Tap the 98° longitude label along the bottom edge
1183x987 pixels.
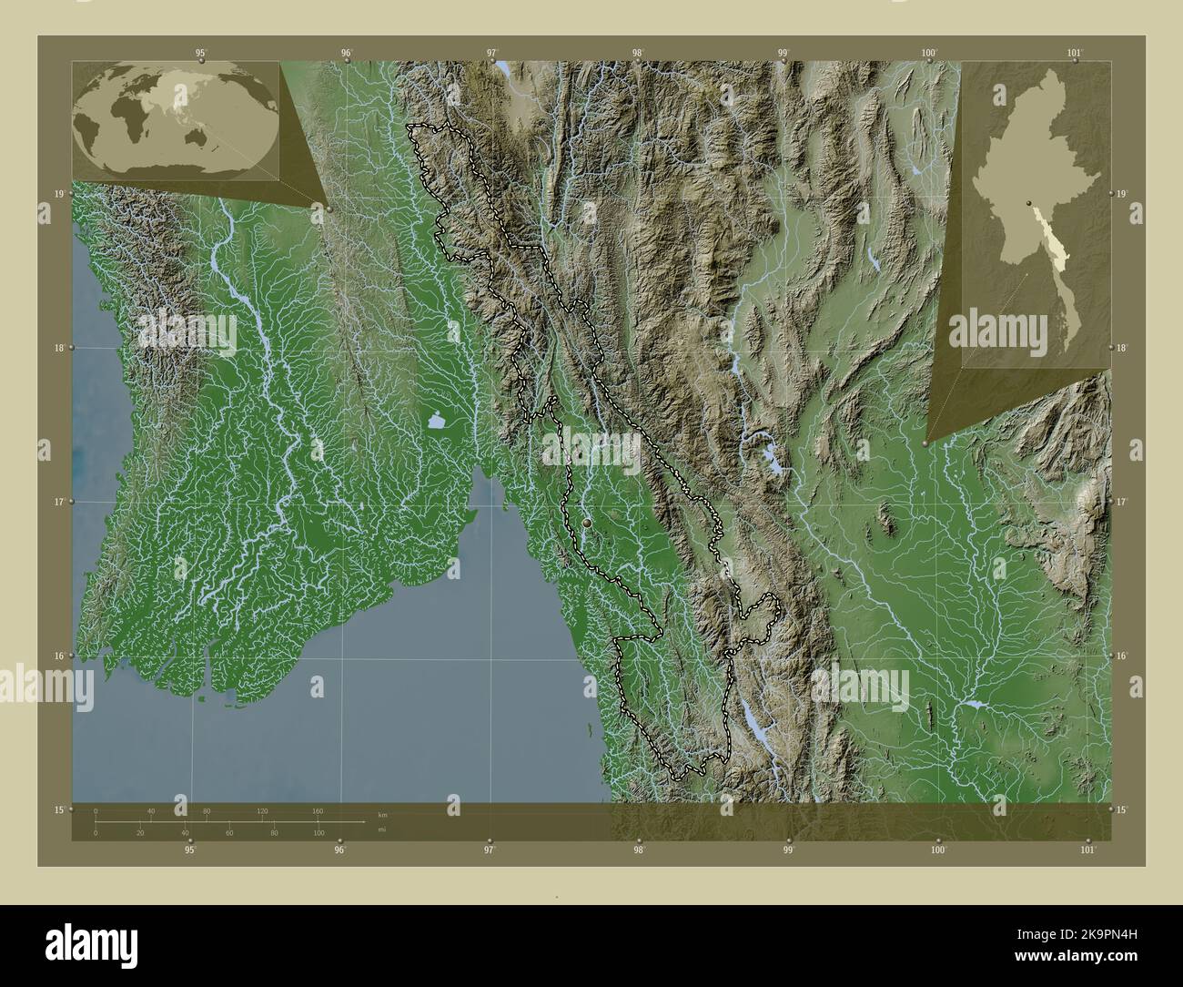click(x=639, y=850)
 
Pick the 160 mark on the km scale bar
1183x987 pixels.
click(x=318, y=810)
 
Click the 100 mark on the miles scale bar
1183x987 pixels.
click(x=318, y=833)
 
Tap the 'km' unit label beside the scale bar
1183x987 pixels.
click(x=382, y=814)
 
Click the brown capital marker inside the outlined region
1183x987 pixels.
click(x=587, y=524)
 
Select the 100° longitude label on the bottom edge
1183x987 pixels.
click(x=938, y=850)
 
